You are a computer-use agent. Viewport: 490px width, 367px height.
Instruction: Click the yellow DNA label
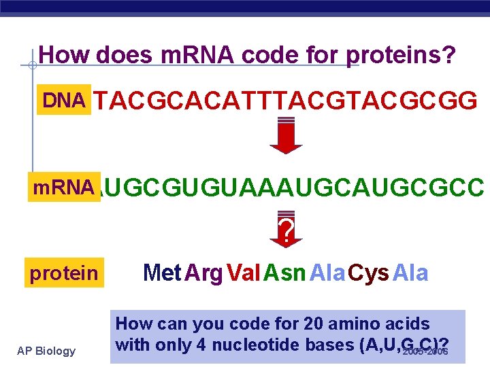coord(65,101)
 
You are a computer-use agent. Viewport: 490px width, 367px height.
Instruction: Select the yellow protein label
coord(64,273)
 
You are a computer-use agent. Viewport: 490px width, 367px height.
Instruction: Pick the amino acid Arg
coord(203,273)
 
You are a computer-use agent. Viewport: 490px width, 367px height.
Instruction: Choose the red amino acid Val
coord(243,273)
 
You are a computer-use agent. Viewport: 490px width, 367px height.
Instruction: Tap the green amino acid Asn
coord(284,273)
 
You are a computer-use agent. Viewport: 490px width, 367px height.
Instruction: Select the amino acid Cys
coord(369,273)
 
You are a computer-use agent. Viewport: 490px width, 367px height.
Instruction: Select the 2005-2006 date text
coord(425,352)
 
